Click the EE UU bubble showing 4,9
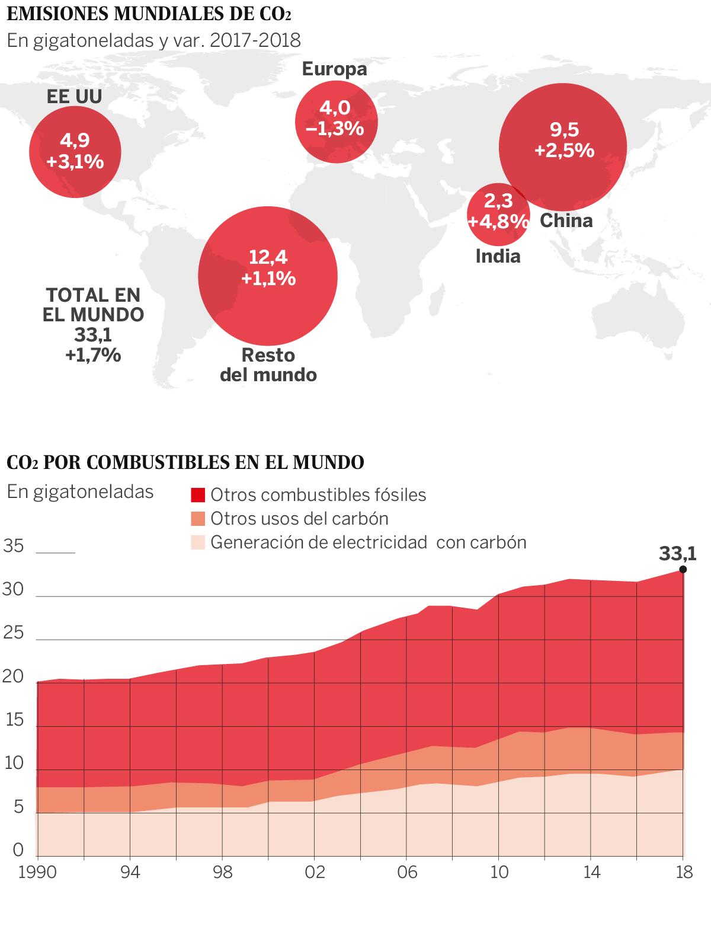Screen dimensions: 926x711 click(x=75, y=151)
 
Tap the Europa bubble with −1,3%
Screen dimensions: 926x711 click(x=336, y=122)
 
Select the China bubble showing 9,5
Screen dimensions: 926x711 click(x=563, y=147)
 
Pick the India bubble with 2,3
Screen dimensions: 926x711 click(x=498, y=215)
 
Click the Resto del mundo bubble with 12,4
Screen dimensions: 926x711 click(x=268, y=276)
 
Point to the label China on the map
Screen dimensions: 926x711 click(x=566, y=221)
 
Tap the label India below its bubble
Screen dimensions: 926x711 click(x=498, y=256)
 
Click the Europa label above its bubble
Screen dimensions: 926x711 click(x=335, y=69)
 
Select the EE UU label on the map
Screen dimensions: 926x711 click(x=75, y=97)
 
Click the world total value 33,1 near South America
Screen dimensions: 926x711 click(x=93, y=335)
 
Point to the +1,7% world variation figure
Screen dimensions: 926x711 click(x=93, y=355)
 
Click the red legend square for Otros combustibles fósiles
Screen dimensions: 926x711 click(x=198, y=495)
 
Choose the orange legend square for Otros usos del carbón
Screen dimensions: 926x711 click(x=198, y=519)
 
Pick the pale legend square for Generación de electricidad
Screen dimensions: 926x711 click(x=198, y=542)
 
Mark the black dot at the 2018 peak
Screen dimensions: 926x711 click(x=683, y=569)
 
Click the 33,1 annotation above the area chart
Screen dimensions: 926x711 click(x=678, y=554)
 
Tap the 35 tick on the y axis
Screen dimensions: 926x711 click(x=13, y=545)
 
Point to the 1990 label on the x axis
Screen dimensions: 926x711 click(x=37, y=872)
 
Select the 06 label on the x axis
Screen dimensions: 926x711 click(x=407, y=872)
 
